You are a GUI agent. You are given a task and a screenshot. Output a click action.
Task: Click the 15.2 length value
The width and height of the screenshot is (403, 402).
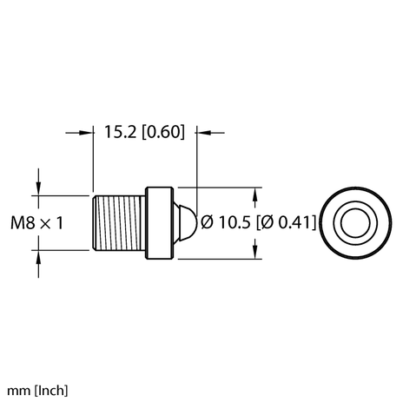click(120, 132)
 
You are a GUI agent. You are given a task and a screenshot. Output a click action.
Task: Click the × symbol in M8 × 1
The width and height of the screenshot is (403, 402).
click(46, 223)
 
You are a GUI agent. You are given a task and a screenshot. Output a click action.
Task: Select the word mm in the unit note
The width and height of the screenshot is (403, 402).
click(13, 390)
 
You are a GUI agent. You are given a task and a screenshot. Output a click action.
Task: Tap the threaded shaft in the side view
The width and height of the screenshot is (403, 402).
click(118, 222)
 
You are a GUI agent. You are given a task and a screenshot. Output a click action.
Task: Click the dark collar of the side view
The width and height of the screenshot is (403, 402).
click(158, 222)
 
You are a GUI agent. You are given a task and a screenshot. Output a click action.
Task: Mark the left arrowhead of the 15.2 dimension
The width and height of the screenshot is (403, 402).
click(87, 132)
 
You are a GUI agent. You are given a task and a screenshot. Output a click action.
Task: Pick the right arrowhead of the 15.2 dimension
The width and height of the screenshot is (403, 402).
click(205, 132)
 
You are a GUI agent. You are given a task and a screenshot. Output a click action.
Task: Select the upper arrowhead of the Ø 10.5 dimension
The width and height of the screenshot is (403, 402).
click(254, 192)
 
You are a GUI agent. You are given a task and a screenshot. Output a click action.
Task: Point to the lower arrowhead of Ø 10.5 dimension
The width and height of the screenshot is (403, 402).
click(254, 253)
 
